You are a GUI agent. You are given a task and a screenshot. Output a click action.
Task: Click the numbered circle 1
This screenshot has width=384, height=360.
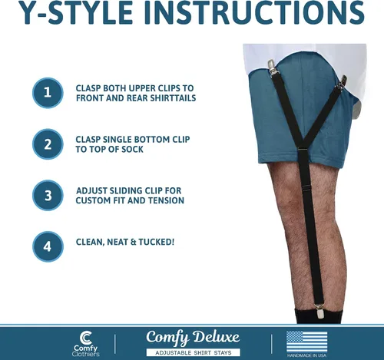tap(48, 93)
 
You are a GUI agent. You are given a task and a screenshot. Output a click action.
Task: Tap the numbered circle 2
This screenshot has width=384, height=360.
tap(48, 144)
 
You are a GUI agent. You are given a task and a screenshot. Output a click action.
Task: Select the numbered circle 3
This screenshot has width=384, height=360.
tap(48, 196)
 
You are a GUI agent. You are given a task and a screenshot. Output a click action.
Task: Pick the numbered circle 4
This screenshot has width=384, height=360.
tap(48, 246)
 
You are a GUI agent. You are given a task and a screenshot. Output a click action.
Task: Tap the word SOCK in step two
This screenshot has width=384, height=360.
tap(132, 149)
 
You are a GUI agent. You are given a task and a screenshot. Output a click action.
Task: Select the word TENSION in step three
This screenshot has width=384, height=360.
tap(166, 200)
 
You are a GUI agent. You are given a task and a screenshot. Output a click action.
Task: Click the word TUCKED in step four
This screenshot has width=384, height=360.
tap(157, 242)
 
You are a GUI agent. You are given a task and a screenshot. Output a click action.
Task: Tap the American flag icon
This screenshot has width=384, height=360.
tap(306, 342)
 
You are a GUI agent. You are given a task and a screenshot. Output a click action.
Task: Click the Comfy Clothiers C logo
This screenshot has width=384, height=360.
tap(85, 339)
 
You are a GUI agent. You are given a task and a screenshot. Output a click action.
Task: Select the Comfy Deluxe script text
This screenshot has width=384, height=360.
tap(193, 338)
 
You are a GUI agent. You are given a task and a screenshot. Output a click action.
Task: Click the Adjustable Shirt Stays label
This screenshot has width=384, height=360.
tap(194, 353)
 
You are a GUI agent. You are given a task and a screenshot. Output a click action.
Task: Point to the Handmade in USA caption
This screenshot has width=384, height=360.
tap(306, 355)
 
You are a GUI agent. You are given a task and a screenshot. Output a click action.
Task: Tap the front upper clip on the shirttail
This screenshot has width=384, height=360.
tap(272, 67)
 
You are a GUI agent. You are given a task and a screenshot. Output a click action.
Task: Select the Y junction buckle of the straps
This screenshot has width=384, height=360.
tap(303, 150)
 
